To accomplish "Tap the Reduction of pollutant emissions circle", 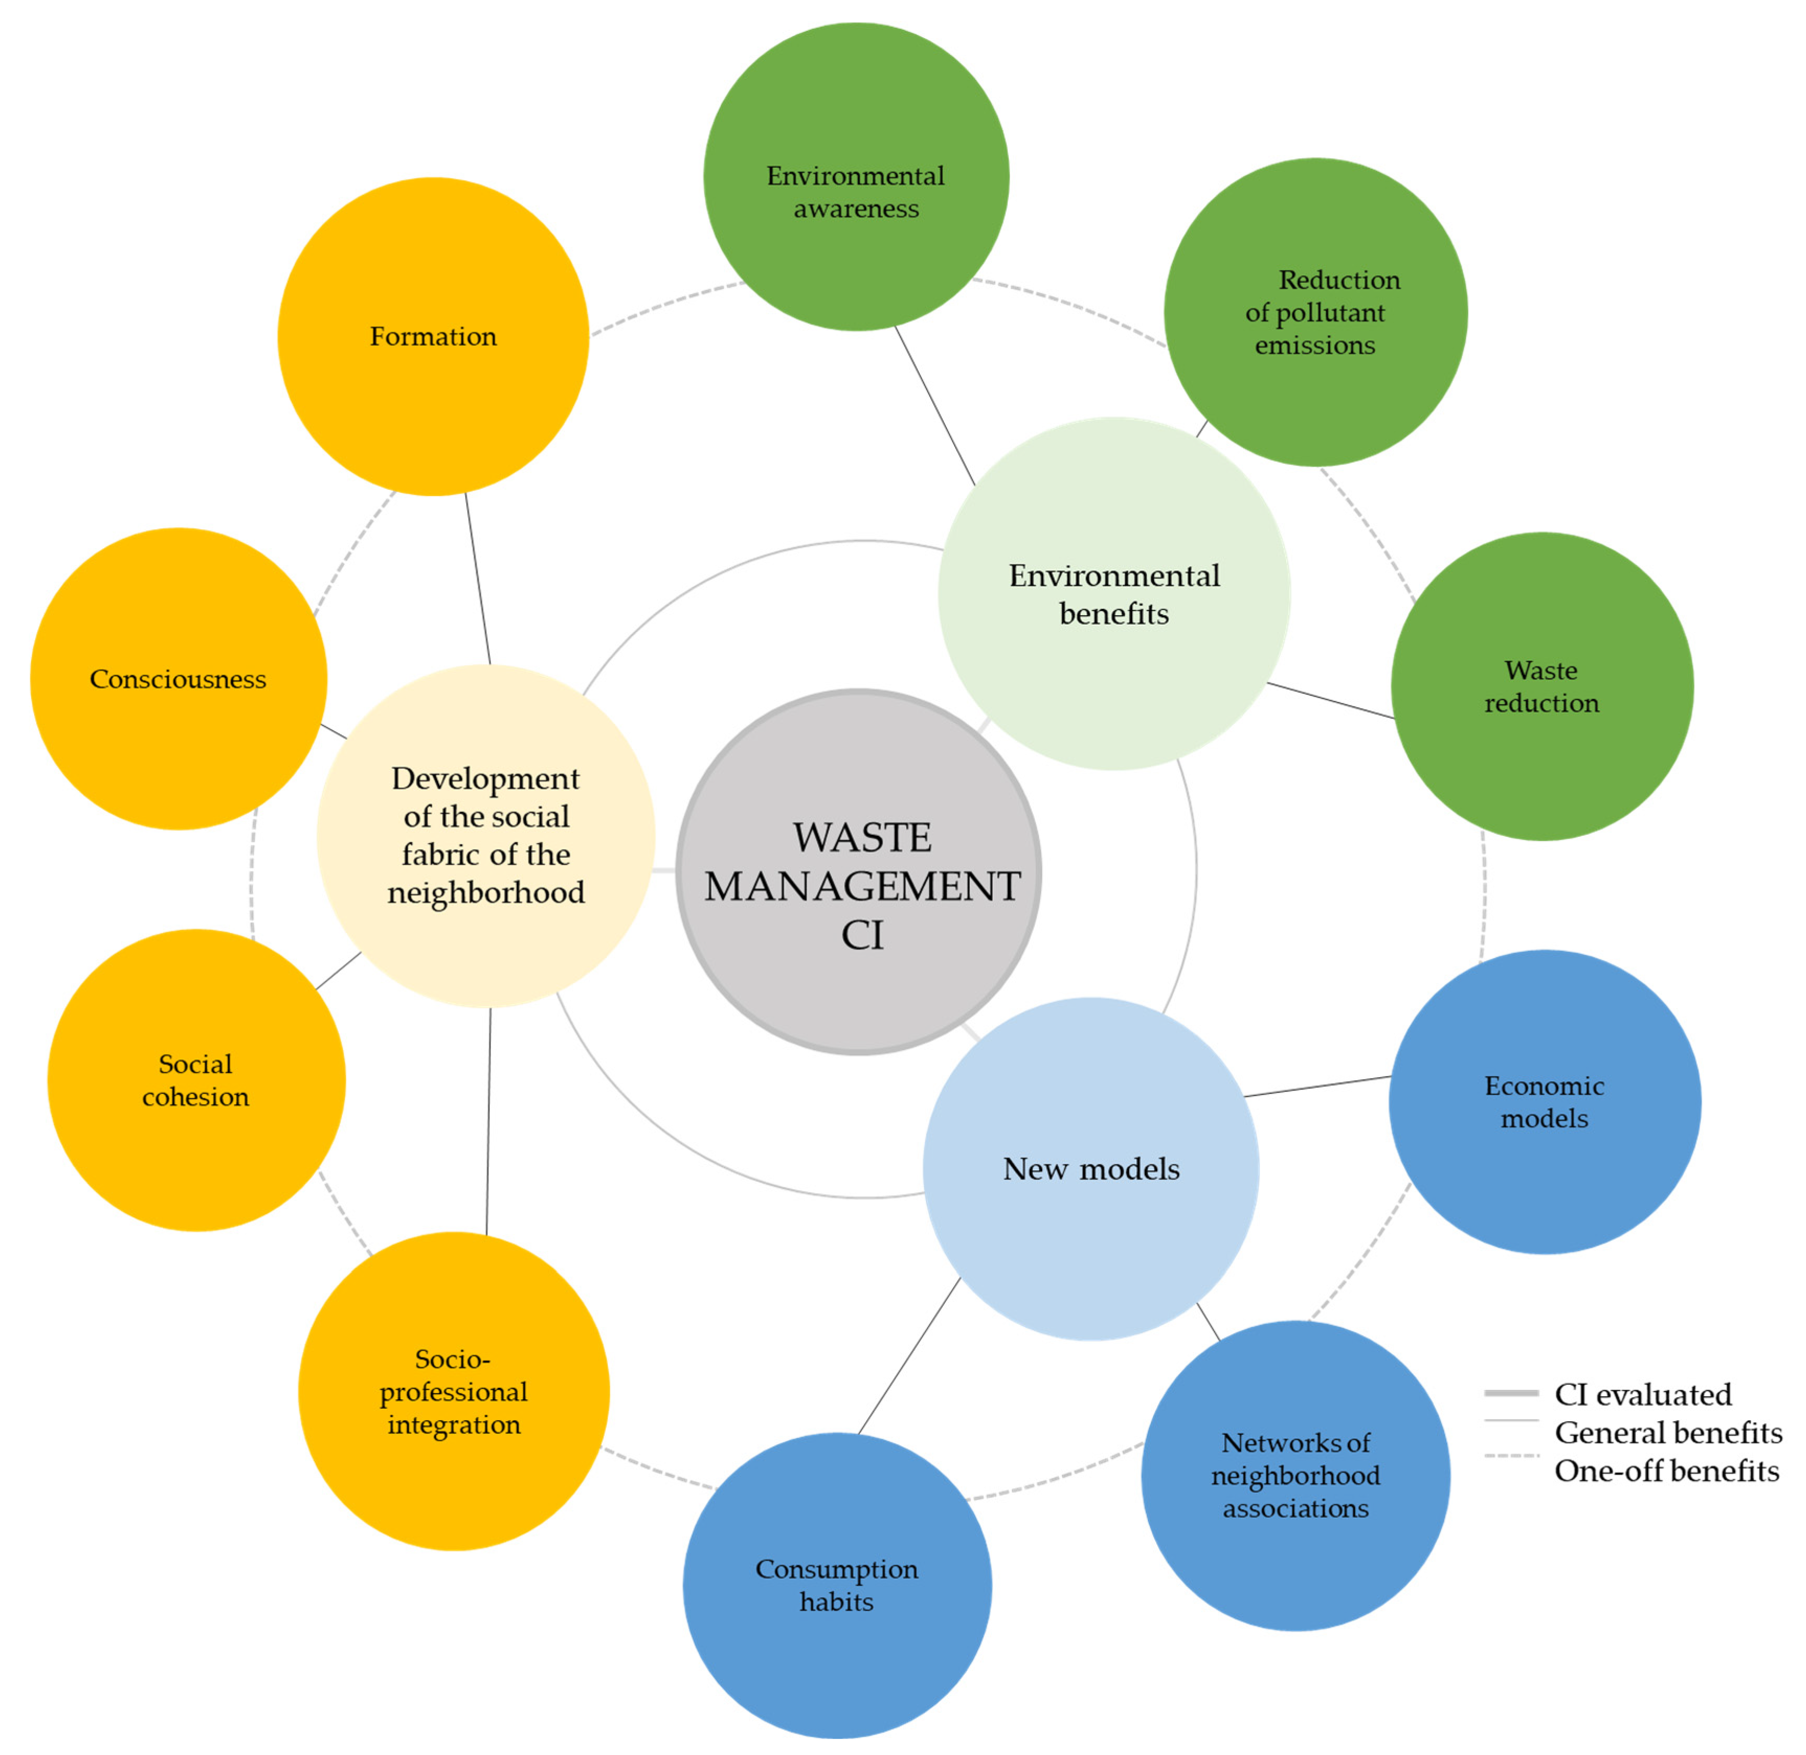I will (1316, 312).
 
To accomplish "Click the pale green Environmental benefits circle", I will (1114, 594).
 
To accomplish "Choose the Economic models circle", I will (1544, 1102).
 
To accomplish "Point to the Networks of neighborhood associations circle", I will (1295, 1475).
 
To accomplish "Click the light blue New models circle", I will (1091, 1169).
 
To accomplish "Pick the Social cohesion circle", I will (196, 1079).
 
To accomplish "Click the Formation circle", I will (433, 336).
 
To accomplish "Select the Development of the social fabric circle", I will (486, 835).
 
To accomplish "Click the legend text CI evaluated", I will (1643, 1394).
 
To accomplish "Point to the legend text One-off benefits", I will (1666, 1470).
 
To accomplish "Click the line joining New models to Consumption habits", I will (909, 1355).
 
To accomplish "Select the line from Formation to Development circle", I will (478, 579).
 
